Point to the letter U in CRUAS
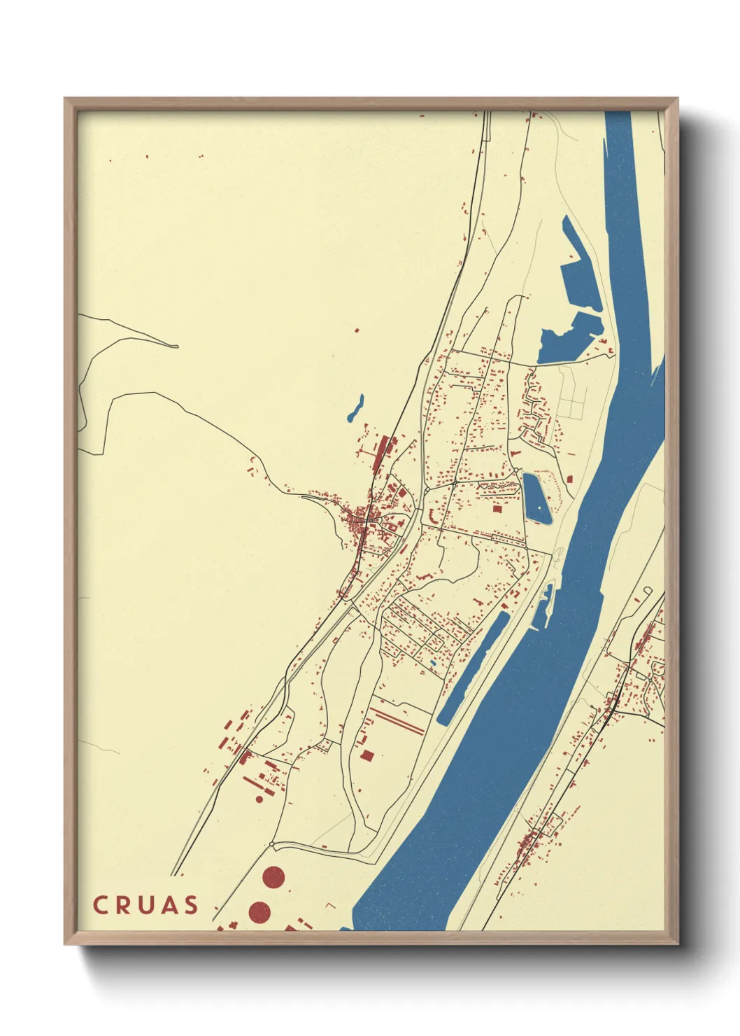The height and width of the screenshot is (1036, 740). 145,905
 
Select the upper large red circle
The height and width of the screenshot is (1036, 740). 273,876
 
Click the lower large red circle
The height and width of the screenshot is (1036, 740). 259,911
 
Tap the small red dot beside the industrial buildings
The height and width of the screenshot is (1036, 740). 259,799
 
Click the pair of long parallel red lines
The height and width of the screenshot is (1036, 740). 397,720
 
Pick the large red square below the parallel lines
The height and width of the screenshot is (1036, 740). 367,755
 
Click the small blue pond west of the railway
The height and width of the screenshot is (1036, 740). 356,409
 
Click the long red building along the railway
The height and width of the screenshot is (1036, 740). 380,455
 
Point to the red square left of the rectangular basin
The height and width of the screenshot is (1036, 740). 497,509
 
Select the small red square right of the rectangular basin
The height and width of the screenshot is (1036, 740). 570,479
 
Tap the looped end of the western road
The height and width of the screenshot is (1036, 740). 175,346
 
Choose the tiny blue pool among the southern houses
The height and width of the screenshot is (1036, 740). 433,663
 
